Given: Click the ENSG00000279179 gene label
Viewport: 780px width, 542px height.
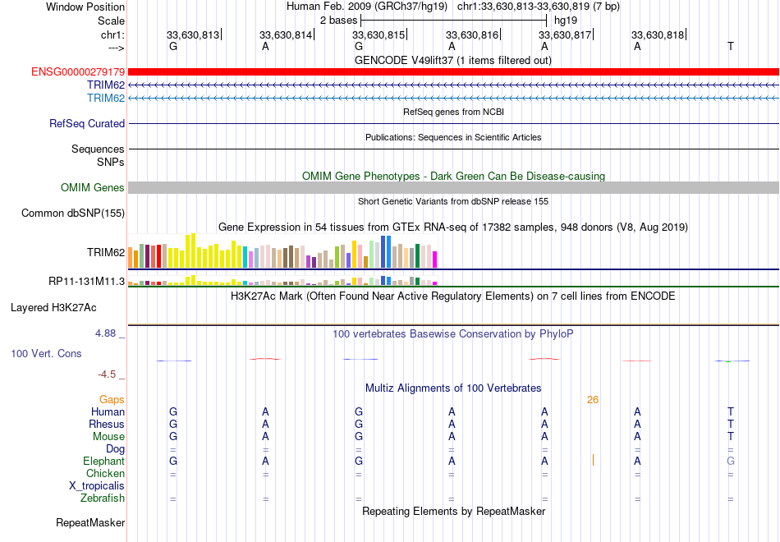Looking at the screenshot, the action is point(78,71).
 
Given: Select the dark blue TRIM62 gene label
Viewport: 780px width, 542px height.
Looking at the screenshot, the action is point(106,85).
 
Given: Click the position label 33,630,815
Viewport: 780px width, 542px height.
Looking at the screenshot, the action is point(378,34).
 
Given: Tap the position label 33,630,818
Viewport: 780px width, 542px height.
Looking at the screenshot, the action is point(658,34).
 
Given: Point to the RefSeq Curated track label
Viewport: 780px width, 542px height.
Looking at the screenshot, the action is point(87,123).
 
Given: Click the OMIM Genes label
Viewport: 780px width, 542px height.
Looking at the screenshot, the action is point(93,187).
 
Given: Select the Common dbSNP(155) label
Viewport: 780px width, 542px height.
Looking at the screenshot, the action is point(73,213).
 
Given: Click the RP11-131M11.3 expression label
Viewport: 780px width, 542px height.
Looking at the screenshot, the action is point(86,281).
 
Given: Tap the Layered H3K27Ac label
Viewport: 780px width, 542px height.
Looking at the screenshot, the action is point(53,308).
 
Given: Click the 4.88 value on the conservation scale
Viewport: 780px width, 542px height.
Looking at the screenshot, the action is point(105,333).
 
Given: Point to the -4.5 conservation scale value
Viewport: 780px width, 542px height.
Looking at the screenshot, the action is point(107,374).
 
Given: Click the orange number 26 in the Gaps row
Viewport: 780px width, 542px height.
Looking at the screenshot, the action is point(593,400).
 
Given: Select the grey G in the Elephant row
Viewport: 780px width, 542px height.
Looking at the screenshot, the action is point(730,461).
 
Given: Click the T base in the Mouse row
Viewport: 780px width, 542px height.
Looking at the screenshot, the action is point(730,437).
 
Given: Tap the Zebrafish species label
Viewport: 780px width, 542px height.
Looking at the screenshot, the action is point(103,498).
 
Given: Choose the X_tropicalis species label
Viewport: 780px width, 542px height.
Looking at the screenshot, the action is point(97,486).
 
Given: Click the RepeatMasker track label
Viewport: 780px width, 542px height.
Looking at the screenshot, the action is point(90,522).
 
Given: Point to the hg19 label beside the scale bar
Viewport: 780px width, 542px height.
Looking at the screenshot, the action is point(566,21).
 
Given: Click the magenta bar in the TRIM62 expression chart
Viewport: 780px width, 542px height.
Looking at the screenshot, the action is point(435,260).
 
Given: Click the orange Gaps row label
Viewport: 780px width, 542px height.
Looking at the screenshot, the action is point(112,400).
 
